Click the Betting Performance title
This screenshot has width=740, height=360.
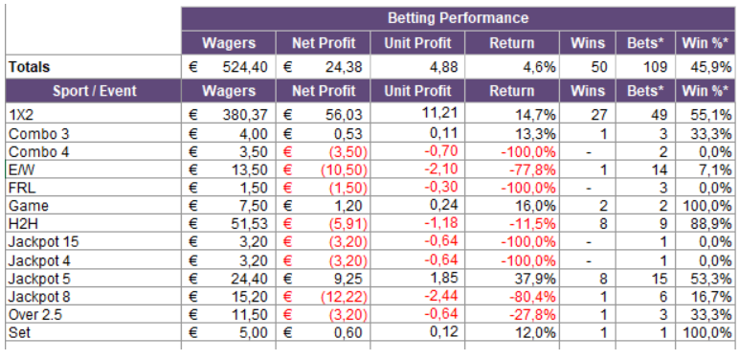pyautogui.click(x=458, y=18)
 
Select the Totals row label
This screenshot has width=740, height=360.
pyautogui.click(x=30, y=67)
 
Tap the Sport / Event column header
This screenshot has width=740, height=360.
pyautogui.click(x=95, y=91)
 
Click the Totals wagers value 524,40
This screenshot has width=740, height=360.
pyautogui.click(x=245, y=67)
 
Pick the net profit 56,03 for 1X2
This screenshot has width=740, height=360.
pyautogui.click(x=344, y=114)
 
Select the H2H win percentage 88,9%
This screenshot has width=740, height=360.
pyautogui.click(x=706, y=224)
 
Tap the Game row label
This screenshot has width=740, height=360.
pyautogui.click(x=29, y=206)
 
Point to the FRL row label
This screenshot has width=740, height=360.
pyautogui.click(x=22, y=188)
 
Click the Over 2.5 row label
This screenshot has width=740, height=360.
pyautogui.click(x=33, y=315)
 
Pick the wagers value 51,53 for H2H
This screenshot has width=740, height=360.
pyautogui.click(x=249, y=224)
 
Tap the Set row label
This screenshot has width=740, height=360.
pyautogui.click(x=19, y=332)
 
